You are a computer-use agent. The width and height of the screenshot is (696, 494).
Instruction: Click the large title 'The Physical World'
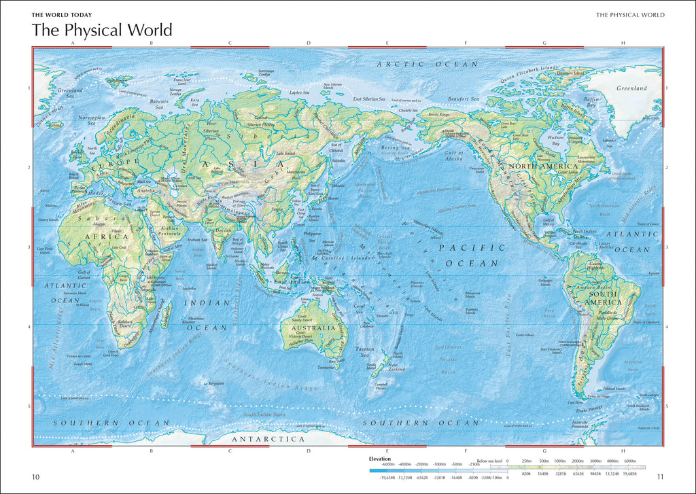pos(102,31)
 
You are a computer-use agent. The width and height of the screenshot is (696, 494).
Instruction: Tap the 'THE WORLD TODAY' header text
pos(62,14)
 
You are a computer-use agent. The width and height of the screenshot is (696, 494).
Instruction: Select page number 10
pos(36,477)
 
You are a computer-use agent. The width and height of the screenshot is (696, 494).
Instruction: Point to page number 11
pos(660,477)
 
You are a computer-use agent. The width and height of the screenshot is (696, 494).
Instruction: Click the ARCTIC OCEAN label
pos(428,64)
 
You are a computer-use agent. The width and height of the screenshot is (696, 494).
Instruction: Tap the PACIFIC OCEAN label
pos(472,255)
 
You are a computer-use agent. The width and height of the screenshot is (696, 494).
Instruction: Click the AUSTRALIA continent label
pos(313,328)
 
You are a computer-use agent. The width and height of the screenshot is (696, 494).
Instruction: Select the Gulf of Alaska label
pos(453,156)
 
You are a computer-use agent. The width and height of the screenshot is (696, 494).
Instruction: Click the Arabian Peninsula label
pos(173,231)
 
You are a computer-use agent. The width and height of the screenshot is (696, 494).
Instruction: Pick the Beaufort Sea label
pos(464,99)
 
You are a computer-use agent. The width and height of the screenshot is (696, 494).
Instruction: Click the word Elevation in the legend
pos(380,459)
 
